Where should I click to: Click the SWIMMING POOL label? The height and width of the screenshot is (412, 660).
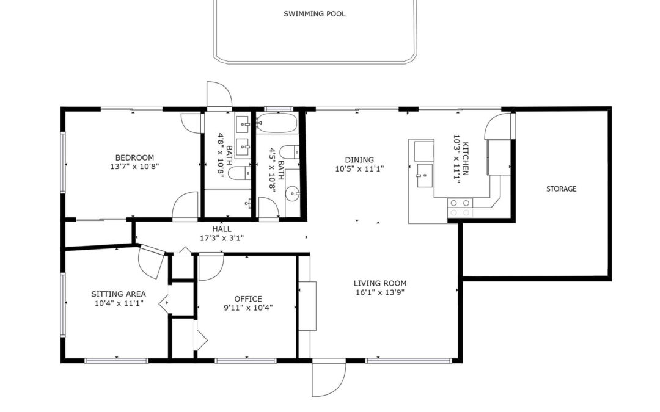click(x=315, y=14)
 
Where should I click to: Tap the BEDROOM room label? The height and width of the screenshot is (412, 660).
click(x=134, y=157)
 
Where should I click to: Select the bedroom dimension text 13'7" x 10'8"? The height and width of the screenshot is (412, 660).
click(x=134, y=167)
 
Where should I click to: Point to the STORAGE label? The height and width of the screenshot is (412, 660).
click(x=561, y=189)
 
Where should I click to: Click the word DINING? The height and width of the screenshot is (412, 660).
click(x=359, y=160)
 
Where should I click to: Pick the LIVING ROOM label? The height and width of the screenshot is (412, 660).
click(x=380, y=283)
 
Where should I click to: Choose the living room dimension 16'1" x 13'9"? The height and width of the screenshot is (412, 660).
click(x=380, y=292)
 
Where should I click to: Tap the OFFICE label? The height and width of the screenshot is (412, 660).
click(x=248, y=299)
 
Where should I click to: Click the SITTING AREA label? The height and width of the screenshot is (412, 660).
click(x=119, y=294)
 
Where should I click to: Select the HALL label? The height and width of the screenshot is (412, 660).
click(x=222, y=229)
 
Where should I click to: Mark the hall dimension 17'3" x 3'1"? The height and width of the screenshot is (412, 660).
click(x=222, y=238)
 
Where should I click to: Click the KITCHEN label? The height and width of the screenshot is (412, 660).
click(x=466, y=159)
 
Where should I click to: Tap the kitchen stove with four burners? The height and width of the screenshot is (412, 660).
click(x=460, y=208)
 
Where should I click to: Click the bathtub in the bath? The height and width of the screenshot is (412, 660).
click(x=277, y=123)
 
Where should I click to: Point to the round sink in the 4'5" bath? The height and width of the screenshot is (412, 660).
click(x=292, y=194)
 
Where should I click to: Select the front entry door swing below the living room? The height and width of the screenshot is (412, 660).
click(x=329, y=378)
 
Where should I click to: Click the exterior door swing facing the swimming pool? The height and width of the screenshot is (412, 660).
click(x=219, y=95)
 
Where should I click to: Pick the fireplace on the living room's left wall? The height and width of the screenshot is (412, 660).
click(x=307, y=306)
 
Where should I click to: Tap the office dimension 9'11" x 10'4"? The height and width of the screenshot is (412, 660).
click(x=248, y=308)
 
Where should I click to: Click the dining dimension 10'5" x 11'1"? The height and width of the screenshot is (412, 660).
click(x=359, y=169)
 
